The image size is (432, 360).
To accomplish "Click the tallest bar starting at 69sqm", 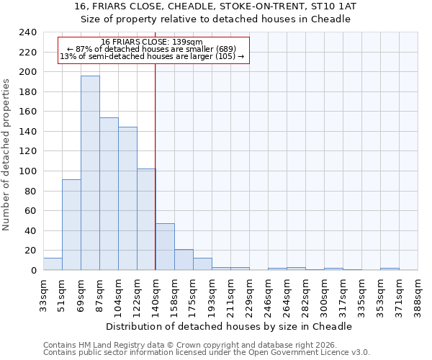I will [90, 173].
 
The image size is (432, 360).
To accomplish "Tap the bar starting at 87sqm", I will [109, 194].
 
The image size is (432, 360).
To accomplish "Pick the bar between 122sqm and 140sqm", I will [146, 220].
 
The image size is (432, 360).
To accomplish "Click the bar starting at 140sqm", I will [165, 247].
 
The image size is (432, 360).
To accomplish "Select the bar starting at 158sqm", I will [184, 260].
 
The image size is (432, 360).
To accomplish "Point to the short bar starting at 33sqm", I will [53, 264].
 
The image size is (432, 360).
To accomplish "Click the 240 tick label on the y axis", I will [27, 33].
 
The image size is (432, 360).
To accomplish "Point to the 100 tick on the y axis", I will [27, 171].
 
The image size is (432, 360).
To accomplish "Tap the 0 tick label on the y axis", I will [33, 271].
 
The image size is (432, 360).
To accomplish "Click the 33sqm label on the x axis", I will [43, 294].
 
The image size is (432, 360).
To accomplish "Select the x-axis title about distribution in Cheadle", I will [234, 326].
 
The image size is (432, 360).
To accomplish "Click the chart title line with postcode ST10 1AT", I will [215, 6].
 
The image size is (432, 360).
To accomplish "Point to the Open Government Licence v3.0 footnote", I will [207, 353].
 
